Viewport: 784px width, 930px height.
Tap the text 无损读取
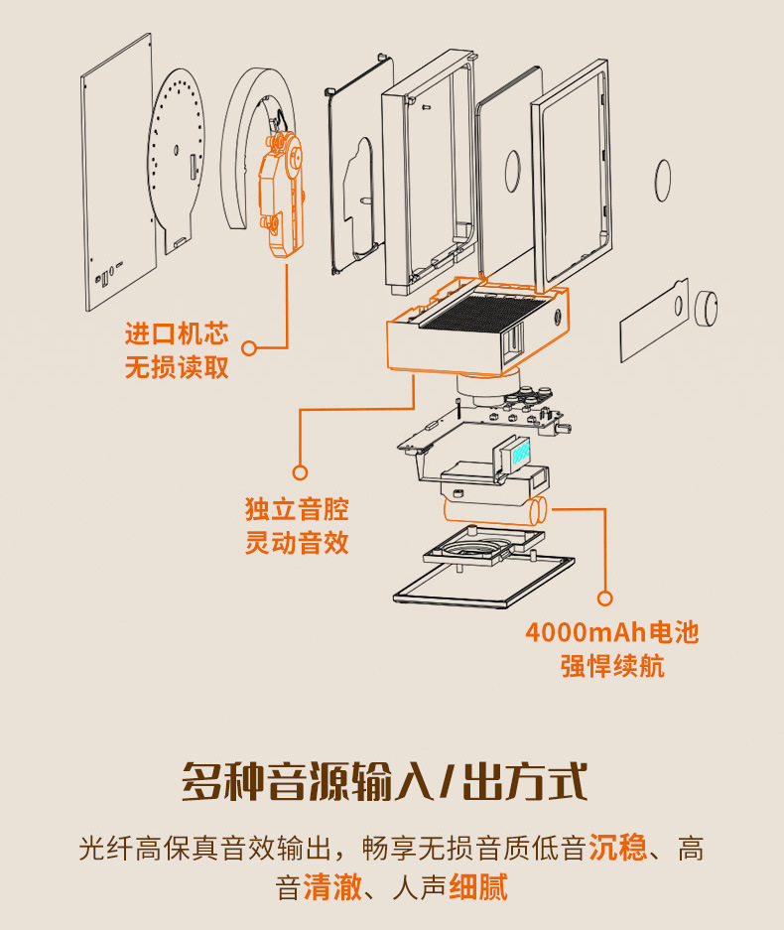tap(177, 367)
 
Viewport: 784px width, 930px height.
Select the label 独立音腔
tap(297, 510)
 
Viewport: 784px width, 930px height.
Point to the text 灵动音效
tap(297, 544)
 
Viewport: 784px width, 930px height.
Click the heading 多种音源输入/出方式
tap(385, 782)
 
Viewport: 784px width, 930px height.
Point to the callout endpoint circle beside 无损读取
tap(249, 348)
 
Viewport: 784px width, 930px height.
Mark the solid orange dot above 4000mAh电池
tap(605, 598)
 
